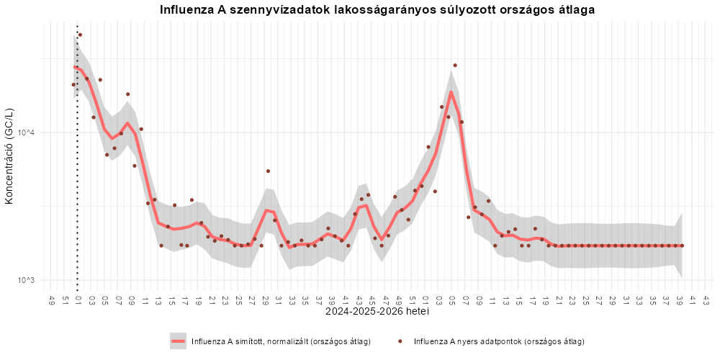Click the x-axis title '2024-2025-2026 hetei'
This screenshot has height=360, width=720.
click(377, 312)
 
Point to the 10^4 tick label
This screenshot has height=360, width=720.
click(27, 133)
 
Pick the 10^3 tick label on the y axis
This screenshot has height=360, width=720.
click(27, 281)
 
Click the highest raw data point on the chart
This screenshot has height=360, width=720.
click(80, 35)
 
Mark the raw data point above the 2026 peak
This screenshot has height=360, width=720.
click(454, 66)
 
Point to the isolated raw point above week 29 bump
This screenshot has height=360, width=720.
click(268, 171)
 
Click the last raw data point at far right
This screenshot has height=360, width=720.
click(682, 246)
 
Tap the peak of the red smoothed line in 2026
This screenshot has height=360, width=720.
click(451, 92)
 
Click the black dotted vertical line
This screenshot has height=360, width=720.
click(77, 156)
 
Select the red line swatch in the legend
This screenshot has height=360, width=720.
click(178, 341)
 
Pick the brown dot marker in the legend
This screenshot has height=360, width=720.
click(400, 341)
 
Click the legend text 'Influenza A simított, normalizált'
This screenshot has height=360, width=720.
click(251, 341)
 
